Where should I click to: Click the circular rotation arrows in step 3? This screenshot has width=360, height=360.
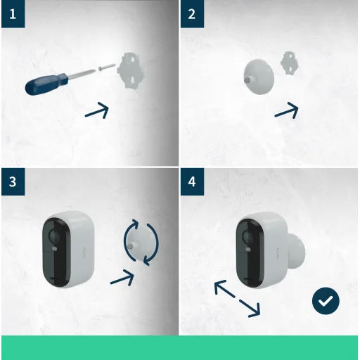coord(141,243)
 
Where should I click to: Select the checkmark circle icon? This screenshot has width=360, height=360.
coord(325,301)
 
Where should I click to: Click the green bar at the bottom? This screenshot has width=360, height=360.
coord(180,347)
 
